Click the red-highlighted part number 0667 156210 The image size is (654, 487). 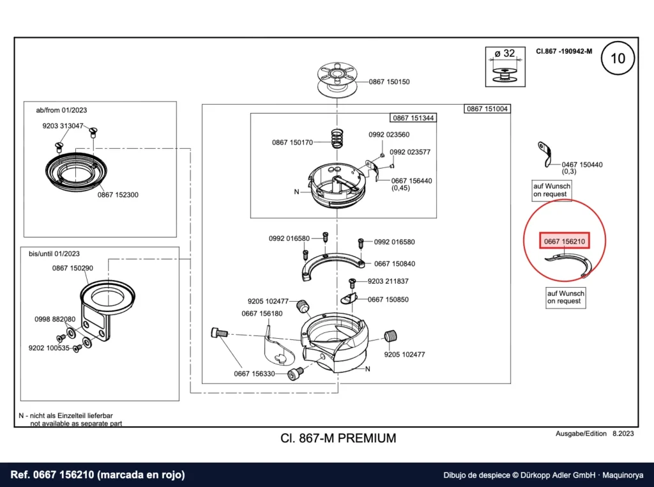click(565, 241)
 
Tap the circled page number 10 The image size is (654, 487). click(618, 58)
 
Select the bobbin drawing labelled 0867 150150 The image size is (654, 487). click(337, 79)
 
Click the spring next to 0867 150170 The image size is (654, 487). click(339, 139)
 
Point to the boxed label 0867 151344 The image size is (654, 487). click(413, 118)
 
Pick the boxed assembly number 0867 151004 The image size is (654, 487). click(487, 109)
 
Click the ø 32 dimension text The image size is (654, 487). click(505, 54)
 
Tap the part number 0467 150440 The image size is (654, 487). click(582, 165)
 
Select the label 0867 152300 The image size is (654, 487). click(118, 195)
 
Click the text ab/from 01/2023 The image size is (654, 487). click(61, 110)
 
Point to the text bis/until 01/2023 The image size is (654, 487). click(54, 254)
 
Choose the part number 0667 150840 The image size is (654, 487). click(395, 264)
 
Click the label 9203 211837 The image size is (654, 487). click(388, 281)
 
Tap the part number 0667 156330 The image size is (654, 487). click(254, 374)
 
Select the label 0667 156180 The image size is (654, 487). click(262, 313)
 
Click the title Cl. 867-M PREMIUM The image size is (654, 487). click(338, 438)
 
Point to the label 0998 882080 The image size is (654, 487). click(55, 320)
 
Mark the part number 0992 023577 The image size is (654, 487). click(410, 152)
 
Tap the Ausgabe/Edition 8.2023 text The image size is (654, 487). click(595, 433)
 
